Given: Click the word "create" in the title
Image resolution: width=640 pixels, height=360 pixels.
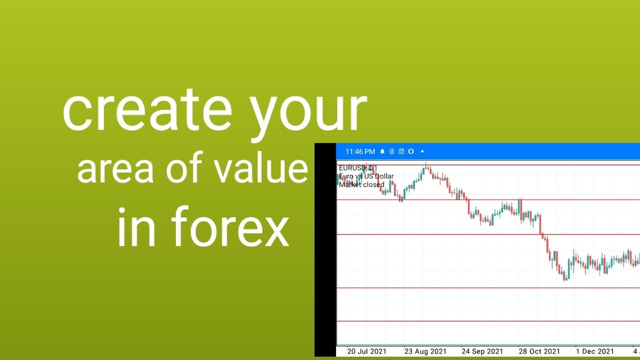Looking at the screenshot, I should [x=147, y=110].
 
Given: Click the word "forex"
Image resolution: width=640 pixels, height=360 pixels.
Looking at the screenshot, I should [x=230, y=227].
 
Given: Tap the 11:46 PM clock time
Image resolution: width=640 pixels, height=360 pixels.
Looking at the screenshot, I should [x=360, y=151].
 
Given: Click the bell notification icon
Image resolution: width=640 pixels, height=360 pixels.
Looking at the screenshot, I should [x=382, y=151].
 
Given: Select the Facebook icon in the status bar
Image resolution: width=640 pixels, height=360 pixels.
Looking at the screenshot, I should [x=392, y=151].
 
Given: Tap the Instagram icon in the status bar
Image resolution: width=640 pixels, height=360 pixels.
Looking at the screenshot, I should [x=401, y=151].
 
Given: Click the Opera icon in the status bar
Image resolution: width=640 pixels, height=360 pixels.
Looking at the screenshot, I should [x=410, y=151].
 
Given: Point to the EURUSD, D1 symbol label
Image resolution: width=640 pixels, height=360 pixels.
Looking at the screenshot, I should [x=358, y=168].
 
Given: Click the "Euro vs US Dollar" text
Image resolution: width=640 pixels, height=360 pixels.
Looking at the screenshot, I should [x=366, y=176].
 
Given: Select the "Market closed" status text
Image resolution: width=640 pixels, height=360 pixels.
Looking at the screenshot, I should [x=361, y=184].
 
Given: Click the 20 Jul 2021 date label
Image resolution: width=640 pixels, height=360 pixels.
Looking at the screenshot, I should [x=366, y=351].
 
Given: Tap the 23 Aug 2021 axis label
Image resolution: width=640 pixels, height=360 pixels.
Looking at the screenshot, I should [x=425, y=351].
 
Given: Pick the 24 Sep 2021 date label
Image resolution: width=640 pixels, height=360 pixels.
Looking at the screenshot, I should [x=482, y=351].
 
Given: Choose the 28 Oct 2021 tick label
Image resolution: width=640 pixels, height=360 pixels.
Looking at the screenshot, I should [x=538, y=351].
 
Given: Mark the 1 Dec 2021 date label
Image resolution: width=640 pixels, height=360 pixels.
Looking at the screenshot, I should [x=595, y=351].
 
